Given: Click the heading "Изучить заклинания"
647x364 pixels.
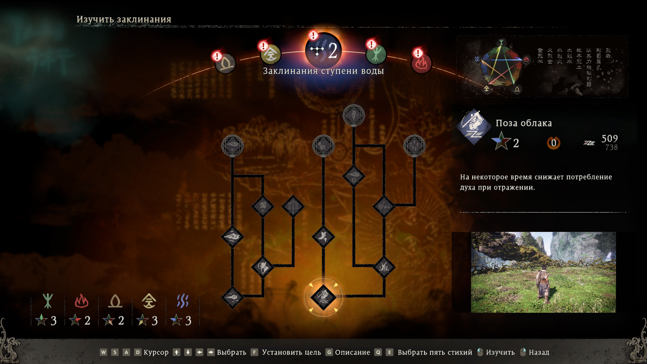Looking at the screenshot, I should (x=124, y=20).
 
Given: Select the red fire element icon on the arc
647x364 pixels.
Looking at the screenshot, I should (x=421, y=63).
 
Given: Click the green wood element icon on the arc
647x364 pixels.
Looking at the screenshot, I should (x=376, y=54).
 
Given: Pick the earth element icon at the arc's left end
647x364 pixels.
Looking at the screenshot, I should (x=225, y=63).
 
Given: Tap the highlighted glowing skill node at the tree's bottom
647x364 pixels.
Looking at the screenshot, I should (x=323, y=297).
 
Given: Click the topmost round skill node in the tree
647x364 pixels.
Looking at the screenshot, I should (x=353, y=115).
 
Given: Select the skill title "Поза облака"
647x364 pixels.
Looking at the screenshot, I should (x=523, y=123).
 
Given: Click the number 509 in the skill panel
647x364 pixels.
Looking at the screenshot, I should (x=609, y=139).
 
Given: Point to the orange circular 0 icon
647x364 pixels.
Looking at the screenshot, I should (x=553, y=143).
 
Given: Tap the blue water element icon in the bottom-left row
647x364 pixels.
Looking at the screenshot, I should (x=183, y=301).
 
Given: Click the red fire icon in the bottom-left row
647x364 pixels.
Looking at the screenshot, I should (x=81, y=301).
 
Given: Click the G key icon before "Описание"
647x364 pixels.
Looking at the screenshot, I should (x=329, y=352).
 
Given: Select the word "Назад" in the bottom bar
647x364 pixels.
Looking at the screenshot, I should (x=539, y=353).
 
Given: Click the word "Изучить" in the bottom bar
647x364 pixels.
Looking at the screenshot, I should (x=500, y=353).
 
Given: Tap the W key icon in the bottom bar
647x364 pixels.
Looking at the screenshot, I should (x=103, y=352).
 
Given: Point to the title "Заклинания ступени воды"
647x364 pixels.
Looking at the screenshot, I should (x=323, y=71).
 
